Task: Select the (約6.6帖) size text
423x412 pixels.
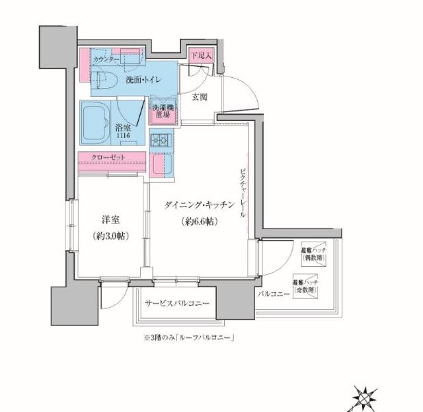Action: tap(198, 223)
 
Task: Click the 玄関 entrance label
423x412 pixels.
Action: tap(200, 98)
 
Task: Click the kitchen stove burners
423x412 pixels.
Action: tap(161, 141)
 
